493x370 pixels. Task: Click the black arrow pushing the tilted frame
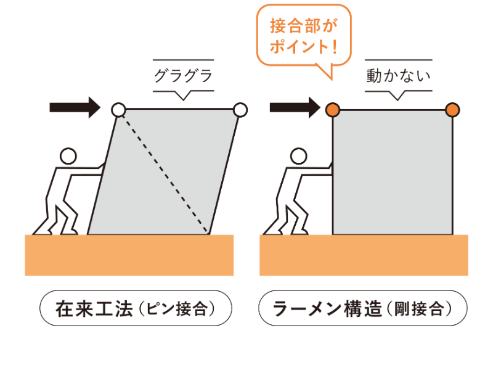coord(75,107)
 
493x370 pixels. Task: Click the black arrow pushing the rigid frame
coord(295,107)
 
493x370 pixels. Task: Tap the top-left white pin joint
coord(118,110)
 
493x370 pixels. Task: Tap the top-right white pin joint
coord(240,110)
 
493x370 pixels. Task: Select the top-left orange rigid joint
coord(333,110)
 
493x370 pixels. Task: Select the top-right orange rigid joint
coord(452,110)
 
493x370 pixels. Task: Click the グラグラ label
coord(183,76)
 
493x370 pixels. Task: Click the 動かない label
coord(398,76)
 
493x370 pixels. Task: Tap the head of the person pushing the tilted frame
coord(68,156)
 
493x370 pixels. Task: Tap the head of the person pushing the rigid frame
coord(299,156)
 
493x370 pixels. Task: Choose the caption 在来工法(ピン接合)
coord(136,308)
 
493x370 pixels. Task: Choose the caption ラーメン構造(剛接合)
coord(363,308)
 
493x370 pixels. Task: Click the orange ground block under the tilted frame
coord(129,255)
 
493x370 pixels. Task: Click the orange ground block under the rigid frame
coord(364,255)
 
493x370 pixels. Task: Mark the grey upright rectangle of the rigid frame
coord(393,172)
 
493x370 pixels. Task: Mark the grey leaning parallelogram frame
coord(163,172)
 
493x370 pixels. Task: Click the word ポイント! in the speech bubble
coord(304,46)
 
